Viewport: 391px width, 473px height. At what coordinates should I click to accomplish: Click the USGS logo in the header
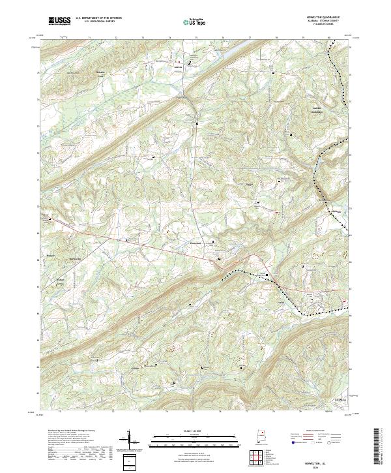coord(60,21)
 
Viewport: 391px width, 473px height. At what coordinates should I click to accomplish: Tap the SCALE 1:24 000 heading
coord(195,431)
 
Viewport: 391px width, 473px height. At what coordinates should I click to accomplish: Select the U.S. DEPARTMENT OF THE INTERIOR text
coord(98,18)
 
